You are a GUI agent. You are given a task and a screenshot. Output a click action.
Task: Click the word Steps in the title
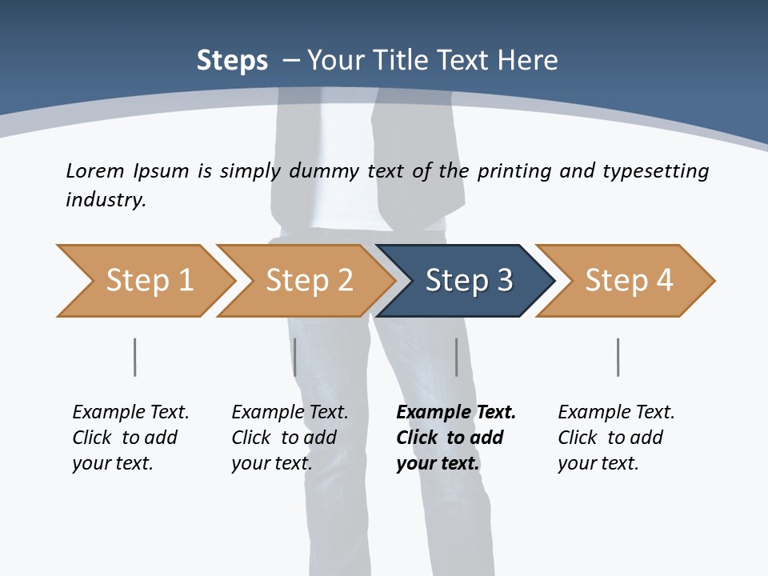coord(232,61)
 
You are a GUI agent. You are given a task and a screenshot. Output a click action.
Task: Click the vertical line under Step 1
coord(134,357)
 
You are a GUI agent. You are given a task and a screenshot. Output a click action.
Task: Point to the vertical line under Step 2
coord(295,357)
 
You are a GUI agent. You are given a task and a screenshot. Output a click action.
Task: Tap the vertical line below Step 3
coord(456,357)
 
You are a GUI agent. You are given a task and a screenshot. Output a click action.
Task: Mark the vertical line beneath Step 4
coord(618,357)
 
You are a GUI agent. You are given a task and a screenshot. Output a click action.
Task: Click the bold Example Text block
coord(455,438)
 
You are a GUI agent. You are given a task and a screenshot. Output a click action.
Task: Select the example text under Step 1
coord(130,438)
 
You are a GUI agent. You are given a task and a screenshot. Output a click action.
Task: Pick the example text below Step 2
coord(290,438)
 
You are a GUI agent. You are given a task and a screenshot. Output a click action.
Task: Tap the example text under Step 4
coord(616,438)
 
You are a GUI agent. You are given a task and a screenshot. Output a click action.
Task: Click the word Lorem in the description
coord(95,170)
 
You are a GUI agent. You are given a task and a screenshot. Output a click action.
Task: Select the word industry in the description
coord(105,200)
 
